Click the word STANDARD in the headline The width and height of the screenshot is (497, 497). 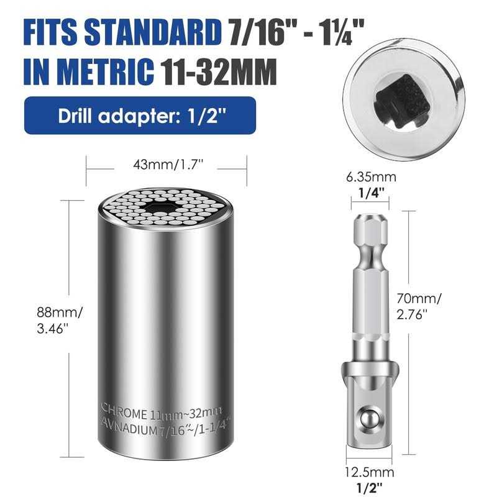point(153,32)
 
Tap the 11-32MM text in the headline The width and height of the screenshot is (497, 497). point(219,72)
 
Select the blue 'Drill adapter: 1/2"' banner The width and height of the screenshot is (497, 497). point(140,116)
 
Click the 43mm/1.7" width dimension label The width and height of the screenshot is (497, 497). point(168,165)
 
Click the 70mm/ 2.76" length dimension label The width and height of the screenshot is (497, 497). point(419,306)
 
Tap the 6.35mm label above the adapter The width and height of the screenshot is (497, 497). point(371,177)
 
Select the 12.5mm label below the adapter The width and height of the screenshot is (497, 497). point(370,472)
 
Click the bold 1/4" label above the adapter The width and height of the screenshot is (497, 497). point(371,192)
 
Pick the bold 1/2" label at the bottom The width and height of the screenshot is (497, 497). point(370,488)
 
